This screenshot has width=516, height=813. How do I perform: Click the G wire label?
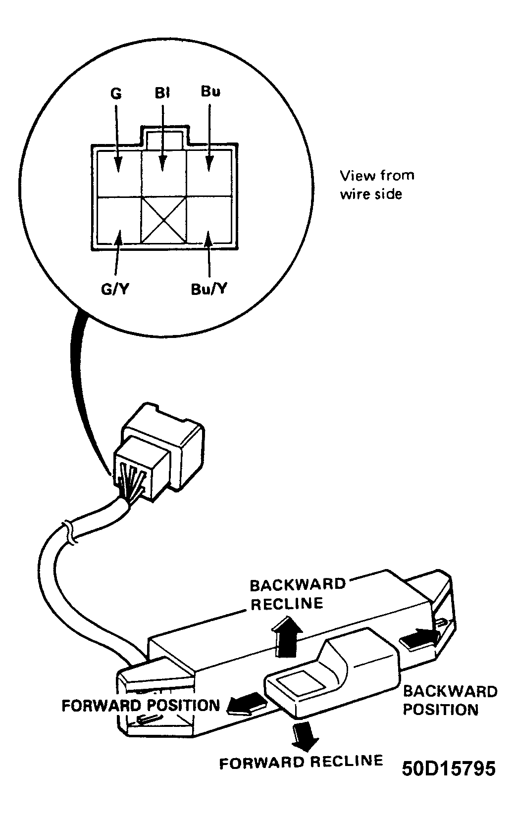pos(116,94)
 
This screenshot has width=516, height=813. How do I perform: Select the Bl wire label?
pos(162,93)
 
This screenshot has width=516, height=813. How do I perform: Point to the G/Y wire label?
pos(115,289)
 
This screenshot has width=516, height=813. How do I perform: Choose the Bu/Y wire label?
pos(209,289)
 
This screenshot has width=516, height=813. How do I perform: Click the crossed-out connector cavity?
pos(164,220)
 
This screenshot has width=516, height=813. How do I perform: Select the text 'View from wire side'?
pos(377,185)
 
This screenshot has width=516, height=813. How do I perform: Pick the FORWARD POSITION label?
pos(141,705)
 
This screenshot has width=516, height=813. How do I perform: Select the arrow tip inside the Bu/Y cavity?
pos(207,232)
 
